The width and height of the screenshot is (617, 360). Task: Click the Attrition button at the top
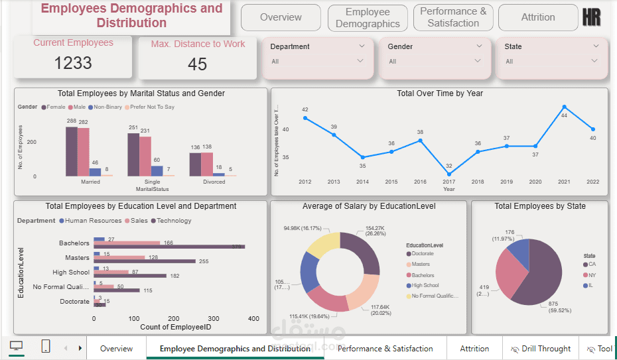pos(537,17)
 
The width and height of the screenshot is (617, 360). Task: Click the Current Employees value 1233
pos(73,63)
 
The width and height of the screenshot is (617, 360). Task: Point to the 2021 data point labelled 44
pos(564,106)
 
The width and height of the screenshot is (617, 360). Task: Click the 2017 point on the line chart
pos(449,174)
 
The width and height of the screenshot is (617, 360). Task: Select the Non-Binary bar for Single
pos(157,170)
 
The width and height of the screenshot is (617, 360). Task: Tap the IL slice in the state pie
pos(520,252)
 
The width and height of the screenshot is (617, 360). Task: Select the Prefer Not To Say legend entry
pos(152,107)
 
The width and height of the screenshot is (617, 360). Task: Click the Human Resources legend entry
pos(91,221)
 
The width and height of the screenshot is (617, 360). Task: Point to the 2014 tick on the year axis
pos(362,182)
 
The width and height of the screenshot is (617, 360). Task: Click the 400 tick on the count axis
pos(253,318)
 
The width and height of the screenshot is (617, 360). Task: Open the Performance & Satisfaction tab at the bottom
pos(385,349)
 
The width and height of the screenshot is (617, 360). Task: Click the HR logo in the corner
pos(591,17)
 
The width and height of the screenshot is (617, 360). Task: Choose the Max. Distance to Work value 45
pos(197,64)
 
